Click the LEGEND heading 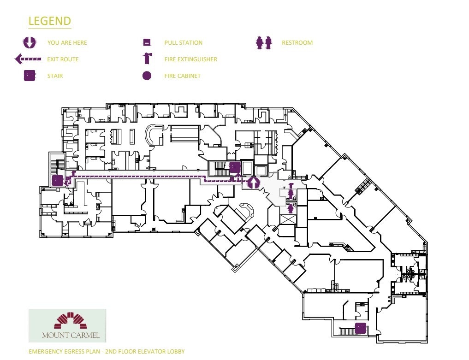(49, 21)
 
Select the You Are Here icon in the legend (30, 42)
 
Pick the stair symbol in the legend (30, 76)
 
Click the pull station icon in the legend (147, 43)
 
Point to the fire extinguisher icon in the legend (147, 59)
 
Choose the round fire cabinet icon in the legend (147, 76)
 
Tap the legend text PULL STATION (183, 43)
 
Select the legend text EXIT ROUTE (63, 59)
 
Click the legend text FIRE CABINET (182, 76)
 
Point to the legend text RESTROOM (297, 43)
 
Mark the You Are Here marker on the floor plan (252, 183)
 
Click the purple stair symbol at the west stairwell (57, 180)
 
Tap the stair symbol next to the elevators (234, 167)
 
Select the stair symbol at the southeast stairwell (360, 328)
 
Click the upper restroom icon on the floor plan (291, 194)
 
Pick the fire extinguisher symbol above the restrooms (291, 186)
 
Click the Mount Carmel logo (67, 325)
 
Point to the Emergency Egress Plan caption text (107, 352)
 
